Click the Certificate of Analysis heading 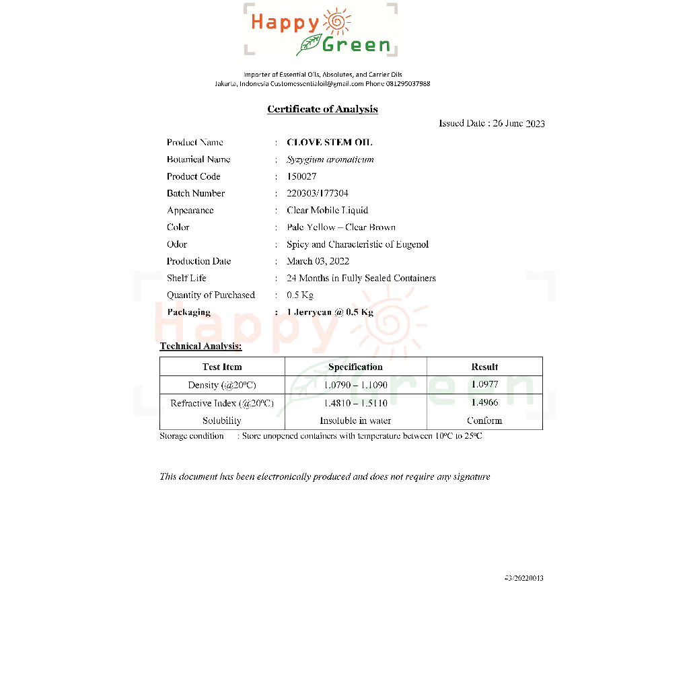point(322,109)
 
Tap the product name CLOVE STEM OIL point(329,143)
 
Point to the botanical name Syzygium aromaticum point(330,159)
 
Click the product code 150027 point(301,176)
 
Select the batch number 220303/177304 point(318,193)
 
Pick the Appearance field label point(190,211)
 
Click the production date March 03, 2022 point(318,261)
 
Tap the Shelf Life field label point(186,278)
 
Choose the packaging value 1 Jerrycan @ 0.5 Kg point(330,312)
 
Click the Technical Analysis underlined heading point(201,347)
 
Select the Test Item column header point(222,367)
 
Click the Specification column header point(355,367)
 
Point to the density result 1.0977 point(484,384)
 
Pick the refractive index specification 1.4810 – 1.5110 point(355,403)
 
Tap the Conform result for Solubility point(484,421)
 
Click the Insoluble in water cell point(355,421)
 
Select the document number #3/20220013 point(523,578)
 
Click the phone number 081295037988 point(408,84)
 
